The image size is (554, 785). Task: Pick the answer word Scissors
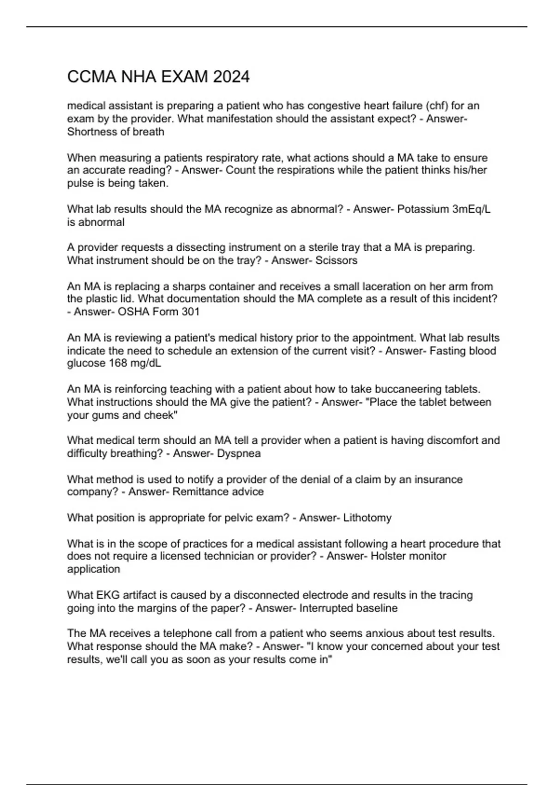[336, 260]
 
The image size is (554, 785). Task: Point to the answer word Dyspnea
[238, 453]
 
